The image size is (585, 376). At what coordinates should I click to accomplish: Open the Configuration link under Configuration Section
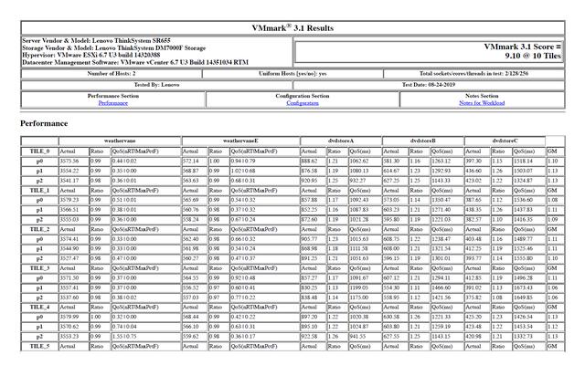(x=303, y=103)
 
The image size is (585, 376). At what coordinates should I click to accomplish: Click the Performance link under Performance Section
(x=113, y=103)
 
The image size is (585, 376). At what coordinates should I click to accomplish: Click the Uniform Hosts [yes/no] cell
(x=298, y=73)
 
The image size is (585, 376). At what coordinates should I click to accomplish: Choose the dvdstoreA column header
(x=338, y=141)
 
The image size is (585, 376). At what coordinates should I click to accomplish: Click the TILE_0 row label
(x=40, y=151)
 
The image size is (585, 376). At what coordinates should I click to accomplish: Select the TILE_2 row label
(x=40, y=229)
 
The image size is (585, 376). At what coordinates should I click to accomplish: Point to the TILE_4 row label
(x=40, y=308)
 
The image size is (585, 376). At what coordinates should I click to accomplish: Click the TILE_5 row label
(x=40, y=347)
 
